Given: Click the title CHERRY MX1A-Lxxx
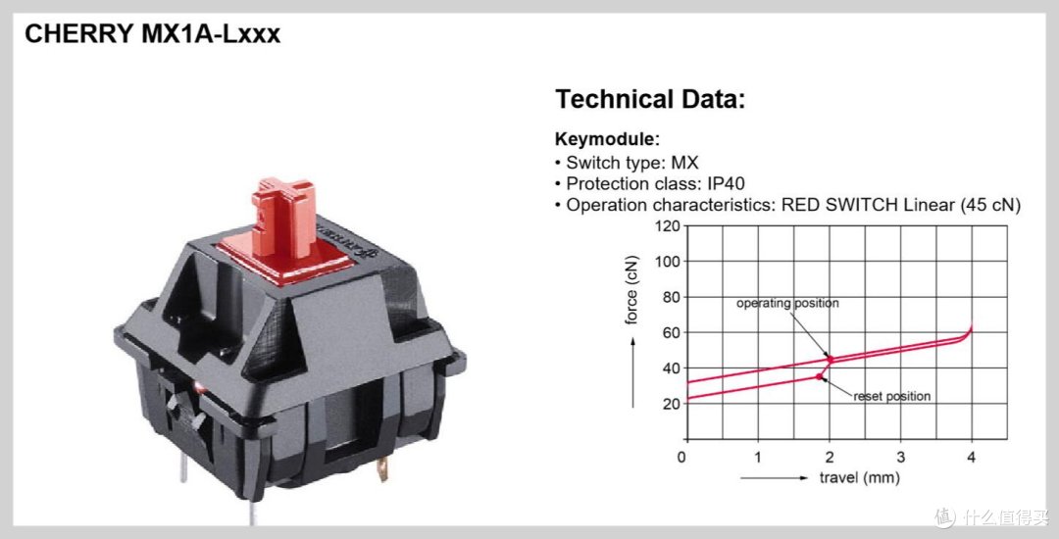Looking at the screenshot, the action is coord(152,33).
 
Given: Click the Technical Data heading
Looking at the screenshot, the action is coord(650,99).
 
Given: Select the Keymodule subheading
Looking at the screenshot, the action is coord(607,139).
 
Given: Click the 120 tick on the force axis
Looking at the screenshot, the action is coord(667,226).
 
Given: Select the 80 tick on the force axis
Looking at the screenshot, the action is coord(670,297).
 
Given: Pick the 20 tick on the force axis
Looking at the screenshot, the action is coord(670,404).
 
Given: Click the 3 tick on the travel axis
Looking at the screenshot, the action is coord(901,457).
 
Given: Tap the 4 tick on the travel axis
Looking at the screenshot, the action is coord(971,457).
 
